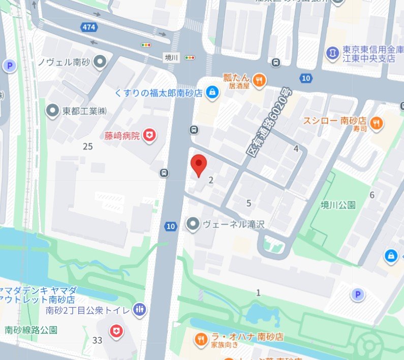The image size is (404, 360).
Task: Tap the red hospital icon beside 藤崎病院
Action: pyautogui.click(x=149, y=135)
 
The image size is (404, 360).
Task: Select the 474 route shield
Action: pyautogui.click(x=87, y=26)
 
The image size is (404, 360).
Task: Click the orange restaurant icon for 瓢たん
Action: pyautogui.click(x=259, y=80)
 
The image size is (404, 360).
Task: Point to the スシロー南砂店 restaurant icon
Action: pyautogui.click(x=377, y=122)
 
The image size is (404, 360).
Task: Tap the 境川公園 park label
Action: pyautogui.click(x=338, y=205)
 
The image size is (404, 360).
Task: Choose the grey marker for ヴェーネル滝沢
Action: pyautogui.click(x=193, y=223)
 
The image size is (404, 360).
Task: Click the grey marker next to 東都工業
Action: pyautogui.click(x=52, y=110)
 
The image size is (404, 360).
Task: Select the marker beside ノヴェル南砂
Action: pyautogui.click(x=101, y=62)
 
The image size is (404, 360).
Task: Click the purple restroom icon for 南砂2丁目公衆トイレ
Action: pyautogui.click(x=140, y=309)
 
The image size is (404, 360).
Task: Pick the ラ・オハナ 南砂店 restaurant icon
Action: pyautogui.click(x=201, y=339)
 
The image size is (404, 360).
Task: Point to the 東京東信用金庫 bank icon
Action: pyautogui.click(x=332, y=52)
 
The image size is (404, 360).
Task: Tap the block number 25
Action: pyautogui.click(x=88, y=146)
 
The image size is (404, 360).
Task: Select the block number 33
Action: pyautogui.click(x=98, y=340)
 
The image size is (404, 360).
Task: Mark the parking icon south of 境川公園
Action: pyautogui.click(x=358, y=294)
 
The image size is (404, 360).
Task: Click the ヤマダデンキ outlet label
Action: pyautogui.click(x=39, y=294)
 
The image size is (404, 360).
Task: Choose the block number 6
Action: pyautogui.click(x=372, y=195)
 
